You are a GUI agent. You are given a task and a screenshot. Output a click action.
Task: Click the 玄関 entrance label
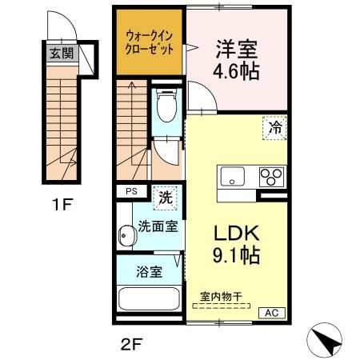62,54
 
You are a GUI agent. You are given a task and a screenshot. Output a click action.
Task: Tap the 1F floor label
62,205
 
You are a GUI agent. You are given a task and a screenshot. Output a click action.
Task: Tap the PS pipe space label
130,192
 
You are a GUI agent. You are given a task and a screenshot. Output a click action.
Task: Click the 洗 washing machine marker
163,194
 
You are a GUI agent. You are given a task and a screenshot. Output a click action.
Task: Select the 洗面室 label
157,226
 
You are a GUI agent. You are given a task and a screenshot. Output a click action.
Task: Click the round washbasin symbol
126,235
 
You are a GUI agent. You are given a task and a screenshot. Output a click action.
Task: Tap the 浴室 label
150,271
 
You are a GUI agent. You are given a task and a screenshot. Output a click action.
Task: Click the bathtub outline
149,301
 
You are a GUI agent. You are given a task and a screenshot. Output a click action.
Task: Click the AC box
270,313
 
